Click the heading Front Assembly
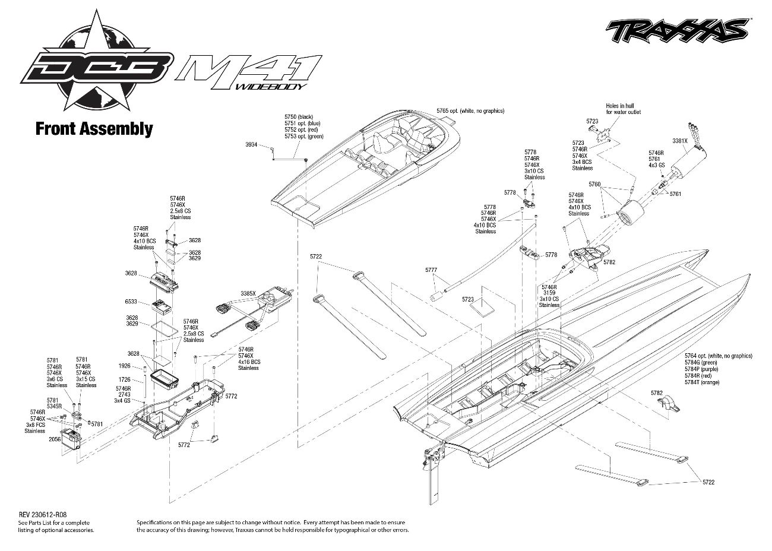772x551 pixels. (x=94, y=129)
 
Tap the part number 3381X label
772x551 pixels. (x=679, y=141)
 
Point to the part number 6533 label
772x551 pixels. (x=131, y=302)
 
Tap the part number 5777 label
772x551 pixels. (x=431, y=270)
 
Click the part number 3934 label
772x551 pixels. (x=251, y=145)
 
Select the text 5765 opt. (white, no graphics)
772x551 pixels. (x=470, y=111)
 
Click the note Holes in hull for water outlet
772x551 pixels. (x=623, y=109)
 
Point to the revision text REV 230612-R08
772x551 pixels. (x=43, y=515)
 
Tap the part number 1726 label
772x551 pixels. (x=125, y=380)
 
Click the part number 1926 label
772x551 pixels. (x=125, y=366)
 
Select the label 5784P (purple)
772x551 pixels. (x=701, y=369)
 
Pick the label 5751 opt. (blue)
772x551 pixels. (x=302, y=123)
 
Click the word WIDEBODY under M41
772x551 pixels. (x=271, y=87)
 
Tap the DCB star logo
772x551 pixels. (x=96, y=61)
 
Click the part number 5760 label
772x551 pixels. (x=594, y=184)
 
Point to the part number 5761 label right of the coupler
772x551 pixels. (x=676, y=194)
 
